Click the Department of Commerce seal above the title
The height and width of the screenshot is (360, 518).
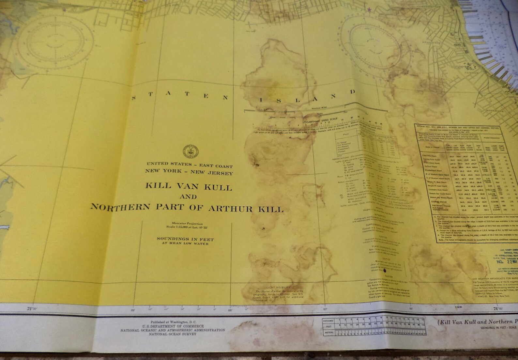click(191, 151)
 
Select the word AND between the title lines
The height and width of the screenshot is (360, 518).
click(188, 196)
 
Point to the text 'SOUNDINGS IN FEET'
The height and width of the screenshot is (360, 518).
click(185, 239)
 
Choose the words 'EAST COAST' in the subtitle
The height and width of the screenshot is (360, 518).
click(216, 165)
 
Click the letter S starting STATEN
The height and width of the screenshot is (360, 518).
click(134, 98)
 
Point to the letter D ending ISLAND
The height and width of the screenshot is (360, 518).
click(353, 92)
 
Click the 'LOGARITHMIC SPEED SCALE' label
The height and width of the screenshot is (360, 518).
click(320, 120)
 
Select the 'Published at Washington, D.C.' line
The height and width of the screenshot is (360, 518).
click(174, 322)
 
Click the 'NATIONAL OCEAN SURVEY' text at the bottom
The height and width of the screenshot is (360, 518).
click(173, 334)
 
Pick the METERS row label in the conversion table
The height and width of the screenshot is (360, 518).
click(328, 333)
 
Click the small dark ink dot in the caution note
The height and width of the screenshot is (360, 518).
click(385, 270)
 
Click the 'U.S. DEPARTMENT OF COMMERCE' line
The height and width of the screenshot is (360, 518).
click(173, 326)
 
